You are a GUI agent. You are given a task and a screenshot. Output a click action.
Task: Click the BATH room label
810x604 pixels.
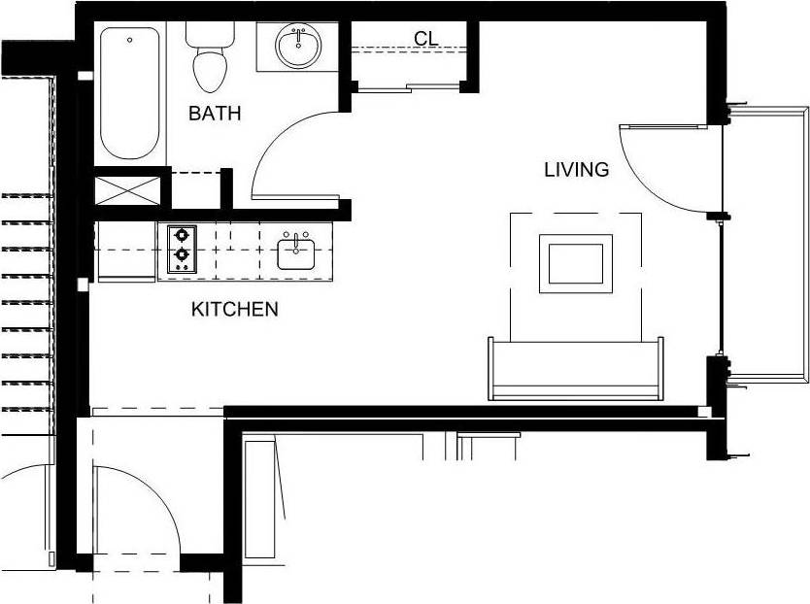[215, 114]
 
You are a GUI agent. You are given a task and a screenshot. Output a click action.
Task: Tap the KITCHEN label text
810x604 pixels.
[234, 310]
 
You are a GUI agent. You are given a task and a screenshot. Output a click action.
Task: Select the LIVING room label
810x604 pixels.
[576, 170]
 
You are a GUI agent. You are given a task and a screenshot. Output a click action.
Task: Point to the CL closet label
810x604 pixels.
[425, 39]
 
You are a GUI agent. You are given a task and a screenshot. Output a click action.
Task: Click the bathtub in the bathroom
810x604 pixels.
[129, 93]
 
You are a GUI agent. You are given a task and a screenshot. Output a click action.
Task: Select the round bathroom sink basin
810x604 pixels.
[298, 45]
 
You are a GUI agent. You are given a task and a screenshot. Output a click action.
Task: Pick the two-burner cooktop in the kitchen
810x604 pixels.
[181, 249]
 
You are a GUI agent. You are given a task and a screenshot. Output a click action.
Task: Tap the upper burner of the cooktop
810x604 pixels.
[181, 235]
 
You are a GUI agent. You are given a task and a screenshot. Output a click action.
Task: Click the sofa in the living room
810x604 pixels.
[576, 369]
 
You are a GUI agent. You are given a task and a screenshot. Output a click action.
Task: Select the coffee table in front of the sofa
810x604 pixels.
[576, 262]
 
